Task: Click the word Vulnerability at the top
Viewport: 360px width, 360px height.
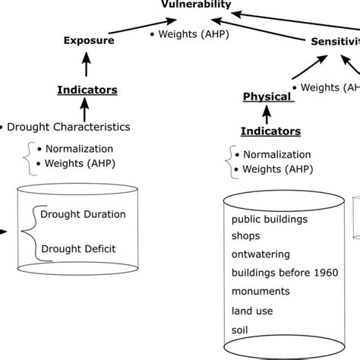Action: click(x=196, y=5)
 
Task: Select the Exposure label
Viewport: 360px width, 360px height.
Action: click(x=89, y=40)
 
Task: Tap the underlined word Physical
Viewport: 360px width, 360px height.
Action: click(x=267, y=96)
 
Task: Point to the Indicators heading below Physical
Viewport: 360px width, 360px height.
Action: click(x=270, y=131)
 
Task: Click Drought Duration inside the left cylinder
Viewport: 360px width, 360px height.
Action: click(x=84, y=214)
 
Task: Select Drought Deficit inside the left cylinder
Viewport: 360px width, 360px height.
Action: click(x=80, y=248)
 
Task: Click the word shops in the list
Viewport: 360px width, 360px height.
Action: click(x=247, y=236)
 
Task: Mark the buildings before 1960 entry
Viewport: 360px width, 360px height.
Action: click(x=286, y=273)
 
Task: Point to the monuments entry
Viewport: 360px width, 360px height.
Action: click(x=261, y=291)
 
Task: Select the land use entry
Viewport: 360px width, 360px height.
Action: click(x=252, y=309)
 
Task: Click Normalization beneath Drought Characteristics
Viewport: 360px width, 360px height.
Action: click(x=80, y=149)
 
